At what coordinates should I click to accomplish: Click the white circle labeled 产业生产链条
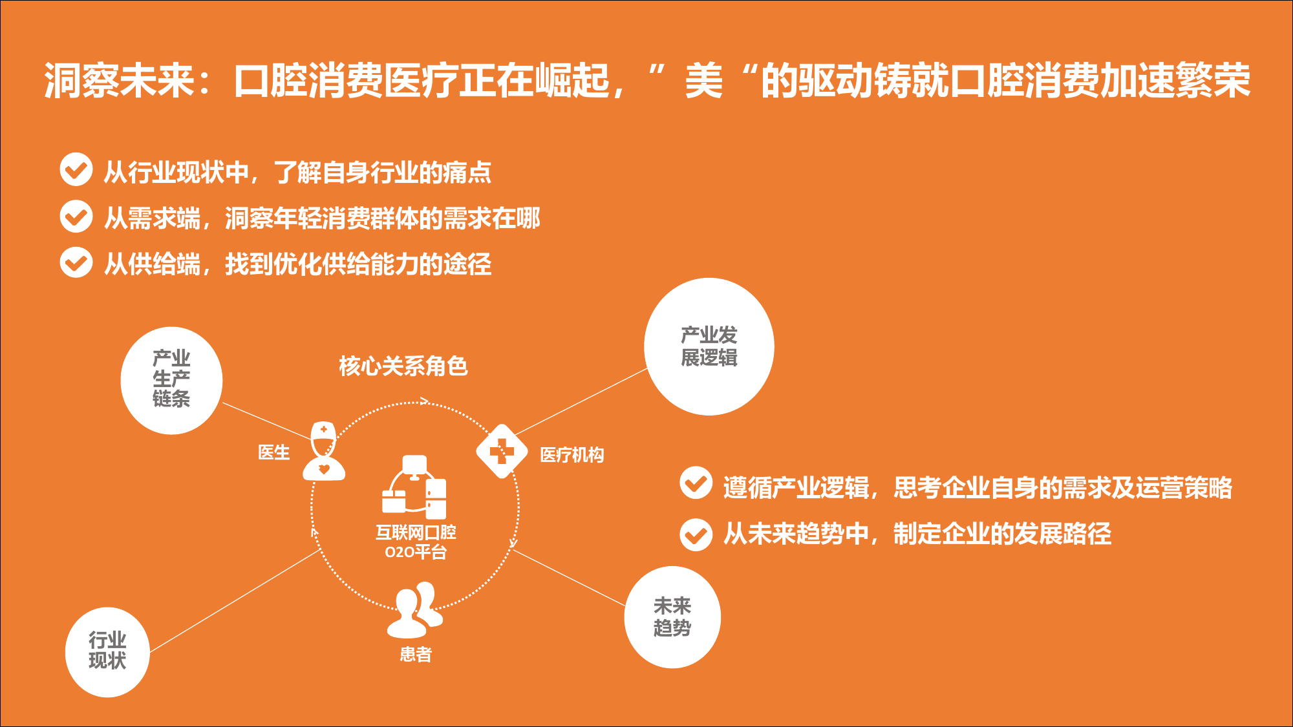[x=171, y=381]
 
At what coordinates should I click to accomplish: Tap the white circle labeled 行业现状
[x=107, y=652]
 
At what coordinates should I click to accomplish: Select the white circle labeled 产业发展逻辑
[x=709, y=346]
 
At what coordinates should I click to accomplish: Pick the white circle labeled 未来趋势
[x=672, y=617]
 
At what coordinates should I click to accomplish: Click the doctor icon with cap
[x=324, y=451]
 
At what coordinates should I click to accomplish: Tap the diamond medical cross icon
[x=502, y=451]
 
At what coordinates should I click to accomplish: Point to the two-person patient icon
[x=415, y=609]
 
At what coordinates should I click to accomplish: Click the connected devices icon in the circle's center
[x=414, y=487]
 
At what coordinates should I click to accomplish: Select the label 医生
[x=274, y=452]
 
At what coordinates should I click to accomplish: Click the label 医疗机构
[x=572, y=455]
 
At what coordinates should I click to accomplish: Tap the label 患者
[x=416, y=655]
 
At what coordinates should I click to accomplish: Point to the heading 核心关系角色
[x=403, y=366]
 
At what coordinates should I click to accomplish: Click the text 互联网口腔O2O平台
[x=416, y=542]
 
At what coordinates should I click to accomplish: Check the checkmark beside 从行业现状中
[x=76, y=169]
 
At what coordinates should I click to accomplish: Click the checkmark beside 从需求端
[x=76, y=216]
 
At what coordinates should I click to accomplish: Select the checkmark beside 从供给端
[x=76, y=262]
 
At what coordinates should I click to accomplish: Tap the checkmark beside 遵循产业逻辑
[x=696, y=483]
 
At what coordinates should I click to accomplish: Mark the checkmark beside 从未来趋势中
[x=696, y=534]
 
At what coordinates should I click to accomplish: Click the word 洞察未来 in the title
[x=119, y=81]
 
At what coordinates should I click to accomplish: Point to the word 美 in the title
[x=704, y=81]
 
